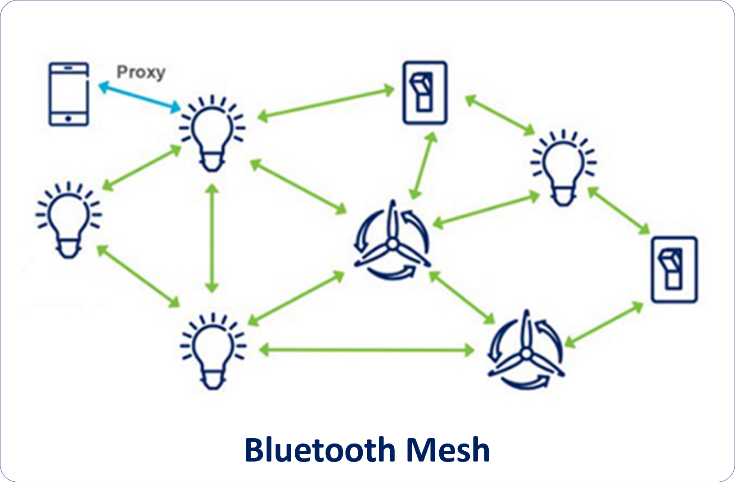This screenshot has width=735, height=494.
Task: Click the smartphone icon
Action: point(68,94)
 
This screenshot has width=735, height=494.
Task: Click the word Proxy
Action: point(141,72)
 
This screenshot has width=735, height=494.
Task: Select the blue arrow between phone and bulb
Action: point(139,96)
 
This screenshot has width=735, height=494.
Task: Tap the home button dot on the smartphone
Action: point(68,119)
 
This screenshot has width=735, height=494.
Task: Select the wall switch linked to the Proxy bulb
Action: point(424,92)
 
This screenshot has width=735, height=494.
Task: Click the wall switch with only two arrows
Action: point(674,269)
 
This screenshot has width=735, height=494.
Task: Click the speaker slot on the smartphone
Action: point(68,68)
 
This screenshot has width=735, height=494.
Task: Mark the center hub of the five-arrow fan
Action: point(392,245)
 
